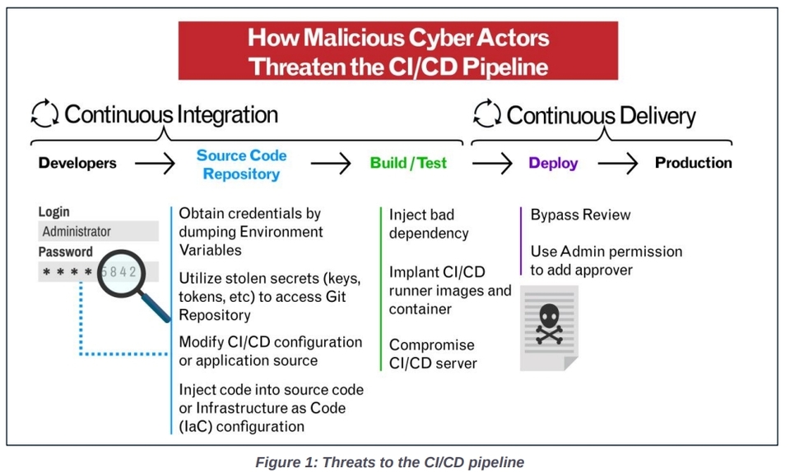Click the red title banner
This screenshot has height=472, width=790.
(x=397, y=51)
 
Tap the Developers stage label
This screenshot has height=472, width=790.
(x=77, y=163)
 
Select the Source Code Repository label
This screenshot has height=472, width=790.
(x=241, y=164)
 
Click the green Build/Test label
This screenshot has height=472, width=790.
(x=408, y=163)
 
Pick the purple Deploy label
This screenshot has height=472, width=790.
(x=553, y=163)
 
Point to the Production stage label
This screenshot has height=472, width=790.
(x=693, y=163)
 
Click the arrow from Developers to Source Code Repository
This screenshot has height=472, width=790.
(x=155, y=164)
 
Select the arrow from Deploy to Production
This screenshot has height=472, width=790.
(x=617, y=164)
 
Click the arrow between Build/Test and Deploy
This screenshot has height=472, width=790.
(x=492, y=164)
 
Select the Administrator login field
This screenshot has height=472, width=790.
(x=98, y=231)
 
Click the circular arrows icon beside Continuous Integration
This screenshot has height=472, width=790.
(x=44, y=114)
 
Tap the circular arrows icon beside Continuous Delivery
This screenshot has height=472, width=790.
(x=487, y=114)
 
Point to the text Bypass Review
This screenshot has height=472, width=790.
(x=580, y=215)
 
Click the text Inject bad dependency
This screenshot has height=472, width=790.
(x=429, y=224)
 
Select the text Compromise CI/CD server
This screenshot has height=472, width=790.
(x=433, y=354)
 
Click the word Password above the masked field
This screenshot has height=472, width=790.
(x=65, y=252)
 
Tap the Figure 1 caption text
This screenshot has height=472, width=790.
(x=389, y=461)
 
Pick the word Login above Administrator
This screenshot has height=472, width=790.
(x=54, y=212)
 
